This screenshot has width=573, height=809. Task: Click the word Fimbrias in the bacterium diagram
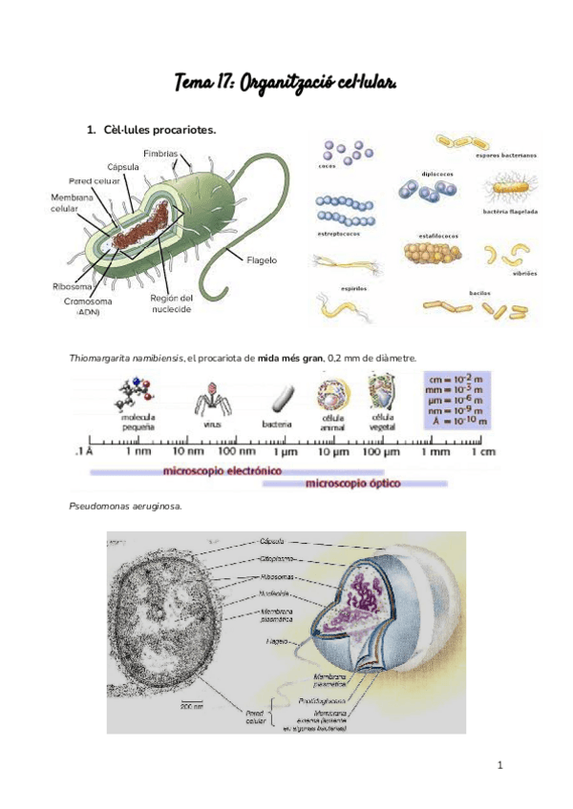pyautogui.click(x=159, y=153)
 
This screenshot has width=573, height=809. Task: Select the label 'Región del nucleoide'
pyautogui.click(x=172, y=302)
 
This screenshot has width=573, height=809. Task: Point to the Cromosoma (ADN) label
pyautogui.click(x=88, y=305)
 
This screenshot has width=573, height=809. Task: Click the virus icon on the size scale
pyautogui.click(x=205, y=397)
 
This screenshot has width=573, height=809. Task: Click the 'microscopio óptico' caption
pyautogui.click(x=352, y=484)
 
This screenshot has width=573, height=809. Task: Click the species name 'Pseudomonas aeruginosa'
pyautogui.click(x=124, y=506)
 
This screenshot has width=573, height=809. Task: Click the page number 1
pyautogui.click(x=499, y=765)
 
